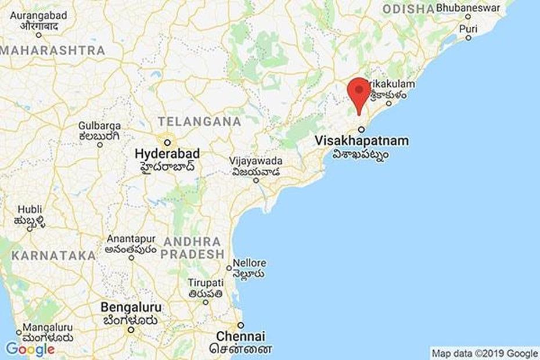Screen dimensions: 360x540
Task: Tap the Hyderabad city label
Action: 167,154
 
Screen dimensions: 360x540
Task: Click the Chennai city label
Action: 240,336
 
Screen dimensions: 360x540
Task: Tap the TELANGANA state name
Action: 199,122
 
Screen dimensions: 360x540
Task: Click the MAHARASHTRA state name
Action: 52,51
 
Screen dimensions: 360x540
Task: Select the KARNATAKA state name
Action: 53,255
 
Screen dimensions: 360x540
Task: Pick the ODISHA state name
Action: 409,9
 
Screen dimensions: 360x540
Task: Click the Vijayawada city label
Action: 256,161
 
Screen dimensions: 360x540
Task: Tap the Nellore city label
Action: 250,263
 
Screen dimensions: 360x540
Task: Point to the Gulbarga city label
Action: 100,126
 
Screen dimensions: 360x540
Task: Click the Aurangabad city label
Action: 38,16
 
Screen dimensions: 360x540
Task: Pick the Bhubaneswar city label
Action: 468,9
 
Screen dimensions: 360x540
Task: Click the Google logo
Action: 30,348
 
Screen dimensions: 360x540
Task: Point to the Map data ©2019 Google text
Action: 484,353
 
